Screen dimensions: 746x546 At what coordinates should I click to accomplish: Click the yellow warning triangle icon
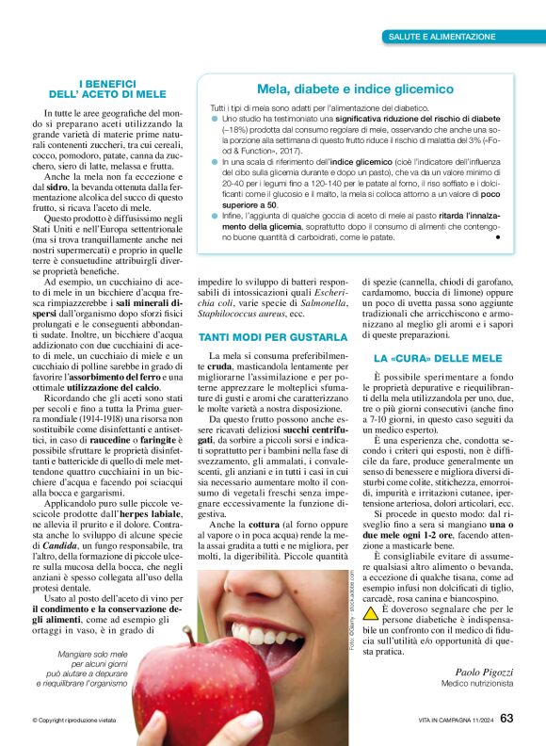click(x=372, y=612)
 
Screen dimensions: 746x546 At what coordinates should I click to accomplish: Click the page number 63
click(x=506, y=719)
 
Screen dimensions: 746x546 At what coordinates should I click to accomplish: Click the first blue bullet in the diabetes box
click(x=214, y=120)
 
